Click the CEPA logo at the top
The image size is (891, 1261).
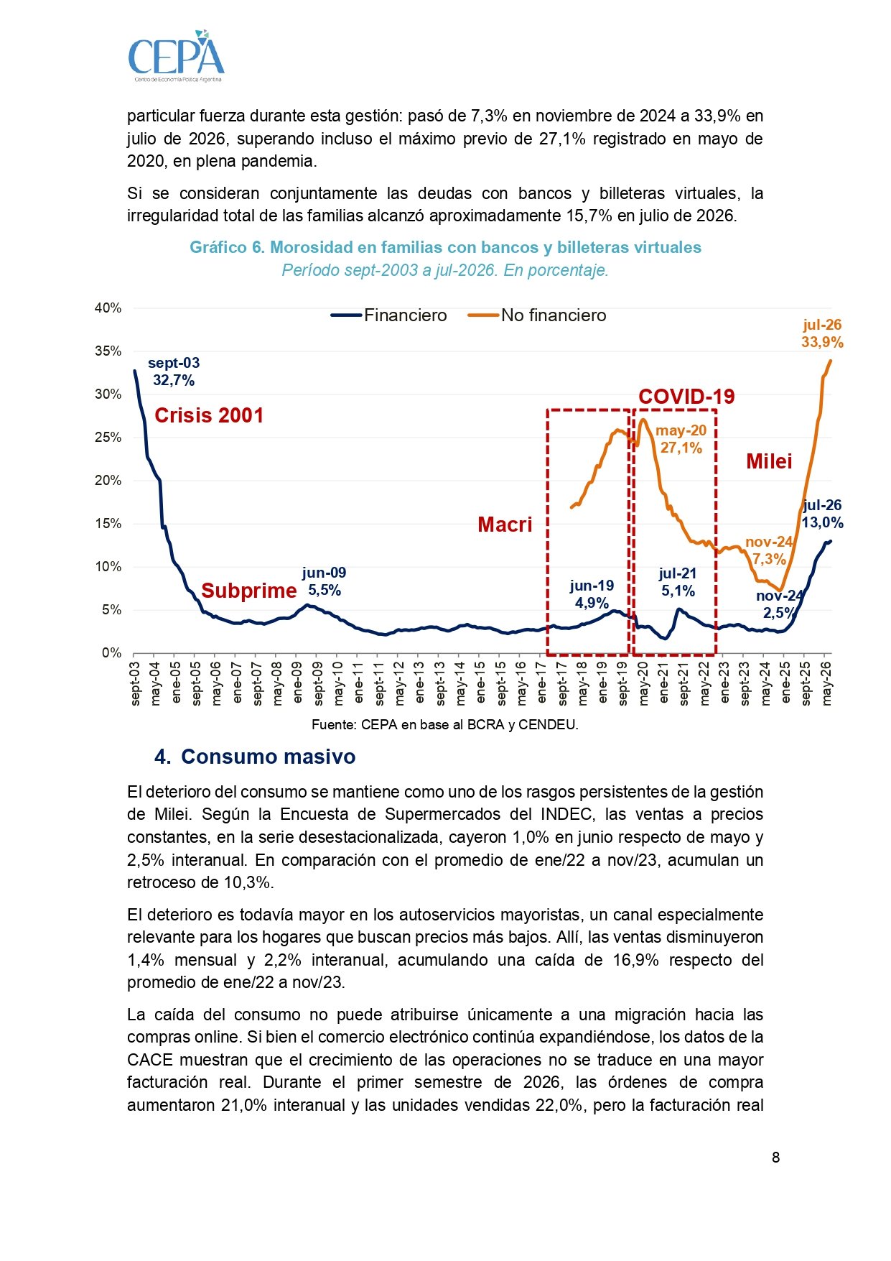click(176, 56)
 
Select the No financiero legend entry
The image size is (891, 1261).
click(537, 315)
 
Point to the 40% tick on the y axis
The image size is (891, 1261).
click(108, 308)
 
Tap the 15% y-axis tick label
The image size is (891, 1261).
click(108, 524)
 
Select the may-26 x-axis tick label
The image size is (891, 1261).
click(827, 683)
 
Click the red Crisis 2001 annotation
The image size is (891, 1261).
click(209, 415)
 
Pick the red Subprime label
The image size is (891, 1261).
click(248, 591)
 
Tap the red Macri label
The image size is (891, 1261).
click(505, 525)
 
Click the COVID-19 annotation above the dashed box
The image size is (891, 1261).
click(686, 397)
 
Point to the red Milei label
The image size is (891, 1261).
click(769, 461)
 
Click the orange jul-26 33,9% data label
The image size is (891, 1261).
click(822, 333)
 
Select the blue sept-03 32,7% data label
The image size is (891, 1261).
click(174, 371)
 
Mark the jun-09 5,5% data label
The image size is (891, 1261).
click(324, 581)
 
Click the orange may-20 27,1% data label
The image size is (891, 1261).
click(681, 439)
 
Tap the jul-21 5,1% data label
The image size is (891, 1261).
click(678, 582)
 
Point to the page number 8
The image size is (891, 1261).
click(775, 1157)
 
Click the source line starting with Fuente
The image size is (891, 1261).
click(445, 724)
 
